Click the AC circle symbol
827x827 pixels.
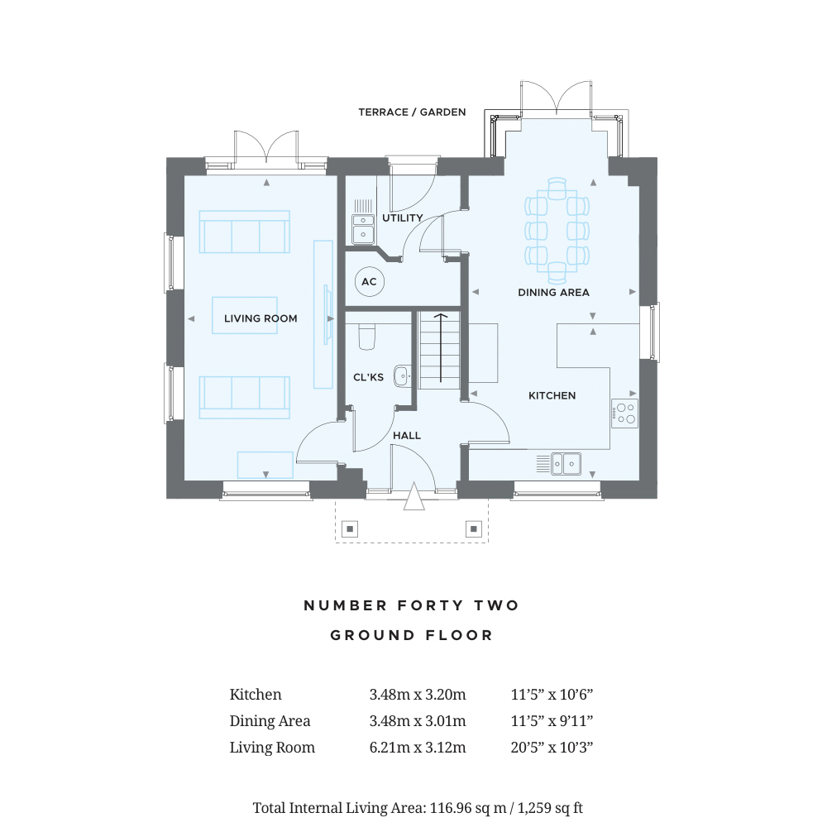369,282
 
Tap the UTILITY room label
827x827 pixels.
403,218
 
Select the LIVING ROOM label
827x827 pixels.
261,318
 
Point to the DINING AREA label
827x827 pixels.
553,293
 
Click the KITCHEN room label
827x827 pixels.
552,395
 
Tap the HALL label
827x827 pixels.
407,436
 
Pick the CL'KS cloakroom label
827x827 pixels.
368,377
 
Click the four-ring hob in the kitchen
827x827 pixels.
625,413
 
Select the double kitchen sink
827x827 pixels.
566,464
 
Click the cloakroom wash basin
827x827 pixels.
402,376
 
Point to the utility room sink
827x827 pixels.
363,229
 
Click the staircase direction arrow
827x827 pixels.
441,347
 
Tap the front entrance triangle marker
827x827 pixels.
414,497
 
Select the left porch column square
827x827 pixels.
350,528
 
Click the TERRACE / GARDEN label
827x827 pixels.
412,112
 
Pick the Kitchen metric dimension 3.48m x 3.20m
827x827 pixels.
417,695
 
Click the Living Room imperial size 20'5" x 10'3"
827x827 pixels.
552,748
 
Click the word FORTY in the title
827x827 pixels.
430,605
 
